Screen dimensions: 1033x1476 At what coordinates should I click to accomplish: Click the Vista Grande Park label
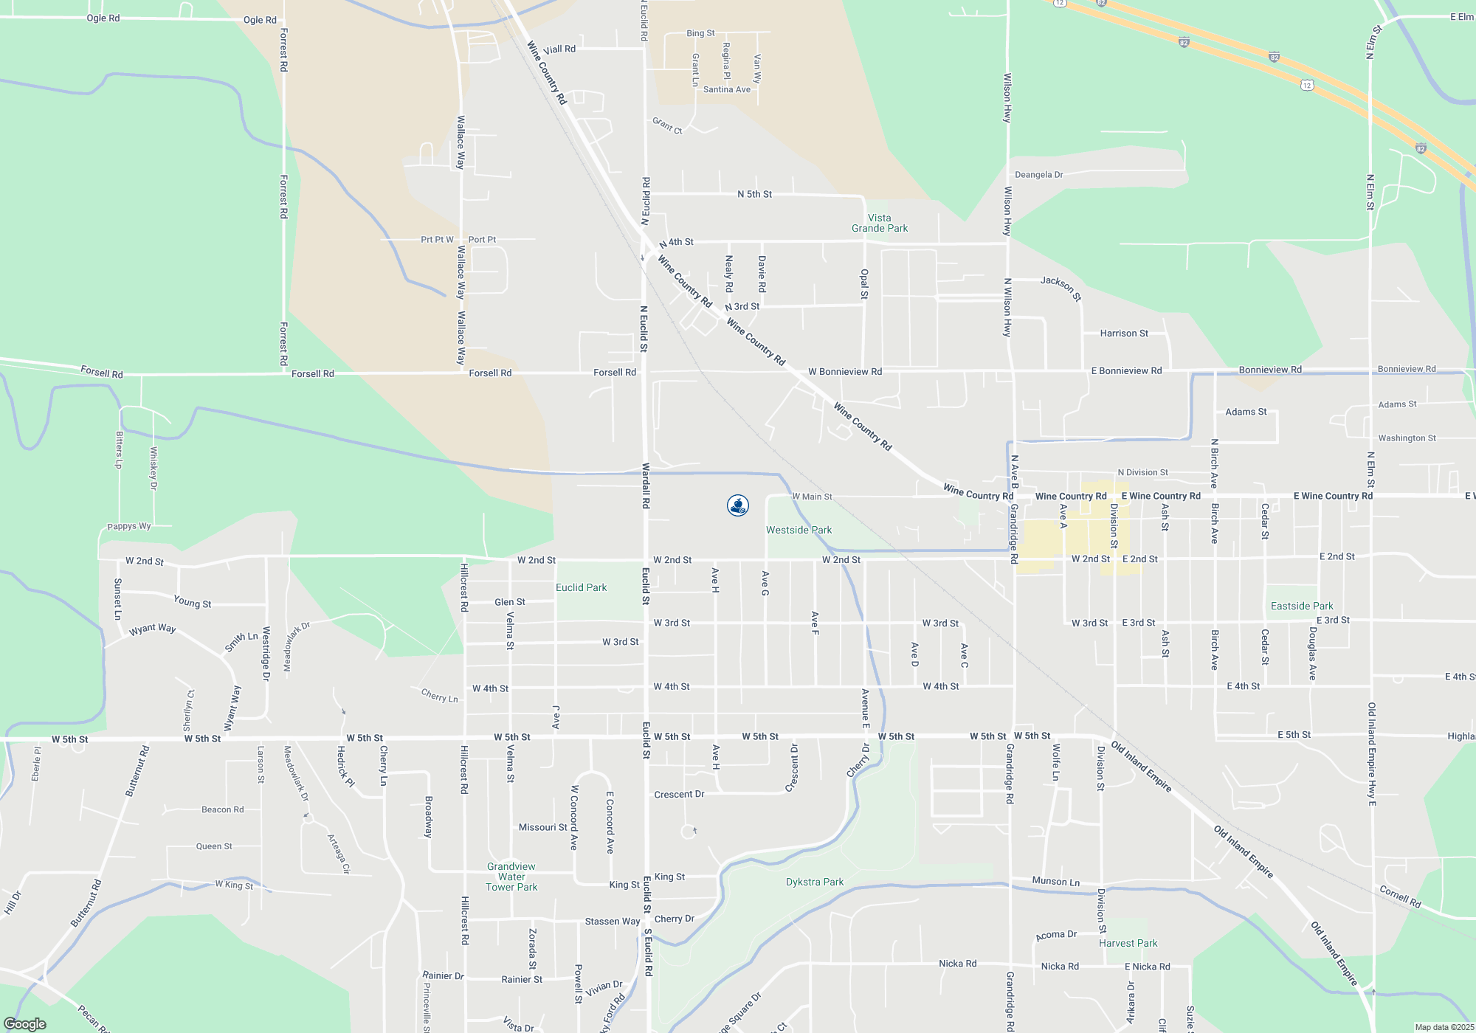coord(880,223)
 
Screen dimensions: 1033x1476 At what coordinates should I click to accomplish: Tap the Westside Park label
coord(799,530)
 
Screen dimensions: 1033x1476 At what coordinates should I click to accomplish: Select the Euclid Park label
coord(581,587)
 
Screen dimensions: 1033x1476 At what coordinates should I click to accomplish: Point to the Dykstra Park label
coord(814,882)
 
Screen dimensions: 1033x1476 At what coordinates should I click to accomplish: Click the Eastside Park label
coord(1302,606)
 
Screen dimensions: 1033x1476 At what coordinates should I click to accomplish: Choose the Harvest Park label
coord(1128,943)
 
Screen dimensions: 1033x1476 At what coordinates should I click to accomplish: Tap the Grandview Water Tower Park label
coord(511,877)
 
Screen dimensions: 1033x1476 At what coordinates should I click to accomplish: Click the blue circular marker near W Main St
coord(738,505)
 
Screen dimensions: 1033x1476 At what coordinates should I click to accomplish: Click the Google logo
coord(25,1023)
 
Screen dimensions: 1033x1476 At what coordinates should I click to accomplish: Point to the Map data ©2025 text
coord(1444,1027)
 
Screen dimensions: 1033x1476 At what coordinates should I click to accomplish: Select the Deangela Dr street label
coord(1038,175)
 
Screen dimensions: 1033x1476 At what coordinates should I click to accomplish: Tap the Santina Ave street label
coord(726,89)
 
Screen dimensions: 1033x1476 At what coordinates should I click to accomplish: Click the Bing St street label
coord(700,33)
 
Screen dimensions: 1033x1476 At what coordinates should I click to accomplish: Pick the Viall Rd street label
coord(559,49)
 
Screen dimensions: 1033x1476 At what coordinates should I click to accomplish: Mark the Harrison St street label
coord(1124,334)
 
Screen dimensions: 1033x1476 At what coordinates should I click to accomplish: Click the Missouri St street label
coord(542,827)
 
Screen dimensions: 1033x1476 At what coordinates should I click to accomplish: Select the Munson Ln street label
coord(1055,881)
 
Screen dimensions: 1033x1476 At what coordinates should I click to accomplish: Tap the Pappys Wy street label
coord(128,526)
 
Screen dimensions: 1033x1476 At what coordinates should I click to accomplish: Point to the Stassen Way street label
coord(613,921)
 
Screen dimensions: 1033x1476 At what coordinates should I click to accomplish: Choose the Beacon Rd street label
coord(222,809)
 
